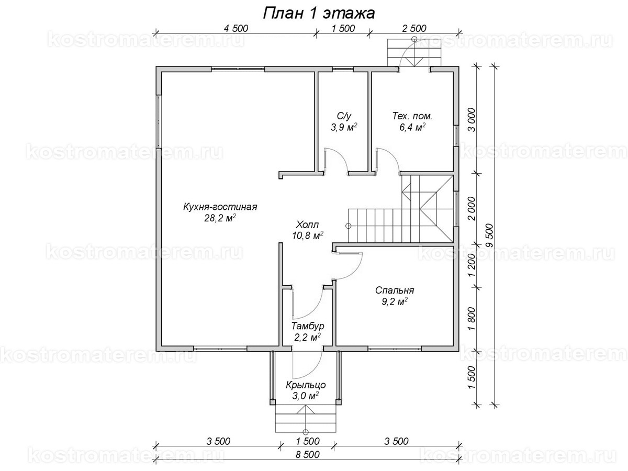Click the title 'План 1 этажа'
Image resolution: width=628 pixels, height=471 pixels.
[x=319, y=13]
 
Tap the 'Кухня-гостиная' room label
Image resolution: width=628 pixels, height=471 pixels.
[x=220, y=207]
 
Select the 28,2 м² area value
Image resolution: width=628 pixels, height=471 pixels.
[x=220, y=218]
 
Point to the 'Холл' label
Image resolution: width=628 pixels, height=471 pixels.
[x=308, y=224]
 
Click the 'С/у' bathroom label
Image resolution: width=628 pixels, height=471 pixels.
[x=344, y=116]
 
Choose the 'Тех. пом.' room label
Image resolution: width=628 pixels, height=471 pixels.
[x=412, y=116]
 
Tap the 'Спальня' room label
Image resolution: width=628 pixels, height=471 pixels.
[x=395, y=290]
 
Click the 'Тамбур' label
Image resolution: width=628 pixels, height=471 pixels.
[x=308, y=326]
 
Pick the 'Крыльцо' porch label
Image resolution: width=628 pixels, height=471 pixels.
[x=306, y=385]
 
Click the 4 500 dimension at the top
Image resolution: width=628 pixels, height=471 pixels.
[x=235, y=28]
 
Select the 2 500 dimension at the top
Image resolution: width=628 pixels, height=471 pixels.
[x=414, y=28]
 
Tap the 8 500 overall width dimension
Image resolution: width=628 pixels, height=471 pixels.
[x=308, y=454]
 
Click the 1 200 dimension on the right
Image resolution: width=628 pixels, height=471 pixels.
[x=472, y=265]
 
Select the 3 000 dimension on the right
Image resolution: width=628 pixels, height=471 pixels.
[x=472, y=119]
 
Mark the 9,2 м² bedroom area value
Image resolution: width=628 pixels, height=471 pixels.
[x=395, y=302]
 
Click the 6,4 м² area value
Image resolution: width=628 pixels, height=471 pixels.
[x=412, y=127]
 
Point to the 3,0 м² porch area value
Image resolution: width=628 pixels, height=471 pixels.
[x=306, y=396]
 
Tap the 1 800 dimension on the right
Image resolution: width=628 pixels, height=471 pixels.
[x=472, y=319]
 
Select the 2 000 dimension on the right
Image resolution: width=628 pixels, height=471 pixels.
[x=472, y=208]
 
